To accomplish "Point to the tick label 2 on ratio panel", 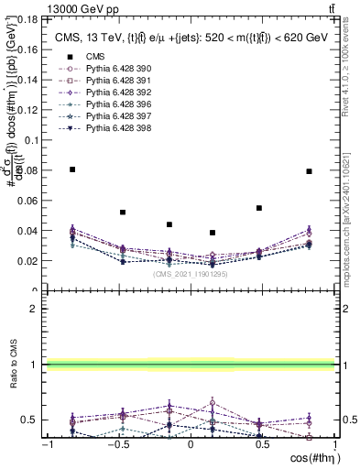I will point(33,309).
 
